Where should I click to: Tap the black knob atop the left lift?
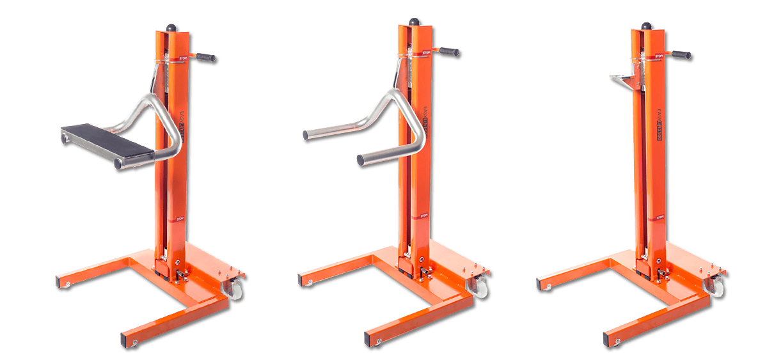point(171,27)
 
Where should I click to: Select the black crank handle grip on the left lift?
point(206,58)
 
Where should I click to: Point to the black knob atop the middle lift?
point(413,22)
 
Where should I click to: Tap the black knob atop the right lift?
point(647,26)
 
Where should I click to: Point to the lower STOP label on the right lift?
point(659,217)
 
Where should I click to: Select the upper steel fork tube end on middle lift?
point(306,135)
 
